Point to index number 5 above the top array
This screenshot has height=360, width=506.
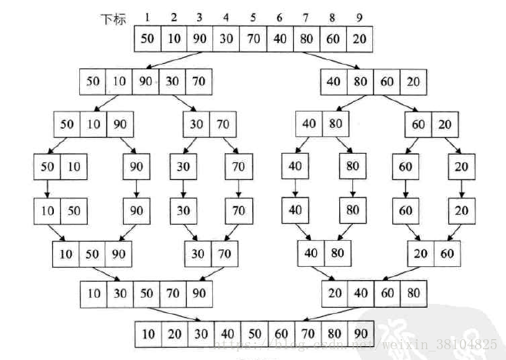[x=254, y=18]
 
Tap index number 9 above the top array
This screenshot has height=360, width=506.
[x=360, y=18]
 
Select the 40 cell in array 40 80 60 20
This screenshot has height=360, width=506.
[x=336, y=81]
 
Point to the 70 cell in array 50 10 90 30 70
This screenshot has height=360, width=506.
[x=198, y=81]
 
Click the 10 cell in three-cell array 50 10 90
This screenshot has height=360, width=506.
[x=94, y=123]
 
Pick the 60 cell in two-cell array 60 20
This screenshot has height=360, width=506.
[x=418, y=123]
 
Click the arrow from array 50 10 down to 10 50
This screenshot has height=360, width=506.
[x=48, y=187]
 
